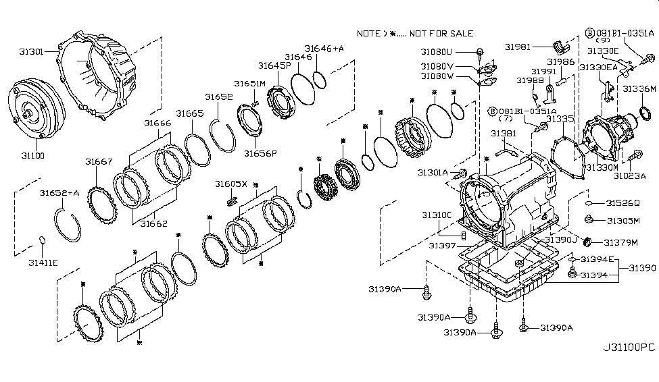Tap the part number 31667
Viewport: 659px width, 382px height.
point(99,161)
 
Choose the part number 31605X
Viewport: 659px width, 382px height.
point(231,184)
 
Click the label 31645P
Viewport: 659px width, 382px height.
point(274,65)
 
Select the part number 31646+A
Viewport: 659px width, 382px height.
point(324,49)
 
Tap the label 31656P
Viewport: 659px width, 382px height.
point(260,153)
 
